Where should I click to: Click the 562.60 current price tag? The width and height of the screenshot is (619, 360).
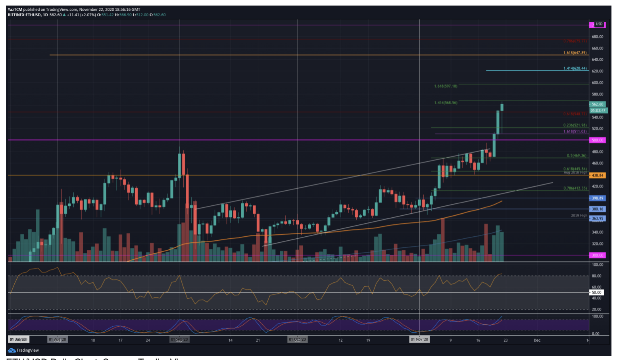[597, 104]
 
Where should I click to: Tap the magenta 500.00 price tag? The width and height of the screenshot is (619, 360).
[597, 140]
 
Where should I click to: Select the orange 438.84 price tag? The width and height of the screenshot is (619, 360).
[597, 175]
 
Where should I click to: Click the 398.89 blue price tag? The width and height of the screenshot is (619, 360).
[597, 198]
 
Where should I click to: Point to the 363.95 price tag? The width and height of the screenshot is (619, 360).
[597, 218]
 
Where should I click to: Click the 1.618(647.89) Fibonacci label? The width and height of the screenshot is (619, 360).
[575, 53]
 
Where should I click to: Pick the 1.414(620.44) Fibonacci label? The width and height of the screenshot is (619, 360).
[575, 69]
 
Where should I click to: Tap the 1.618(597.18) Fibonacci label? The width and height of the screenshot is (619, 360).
[446, 86]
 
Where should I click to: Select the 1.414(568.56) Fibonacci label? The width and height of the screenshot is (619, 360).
[446, 103]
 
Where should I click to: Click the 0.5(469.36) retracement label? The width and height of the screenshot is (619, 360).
[576, 156]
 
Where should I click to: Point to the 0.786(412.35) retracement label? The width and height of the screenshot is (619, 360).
[575, 188]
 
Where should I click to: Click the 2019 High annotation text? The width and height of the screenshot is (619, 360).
[579, 216]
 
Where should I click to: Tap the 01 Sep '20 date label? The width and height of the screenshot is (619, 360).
[179, 340]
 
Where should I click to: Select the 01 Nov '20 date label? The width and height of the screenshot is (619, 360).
[419, 340]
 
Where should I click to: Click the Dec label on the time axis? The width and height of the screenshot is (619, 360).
[537, 340]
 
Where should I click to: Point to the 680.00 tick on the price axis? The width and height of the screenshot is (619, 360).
[597, 36]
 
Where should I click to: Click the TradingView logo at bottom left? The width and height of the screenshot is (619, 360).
[23, 350]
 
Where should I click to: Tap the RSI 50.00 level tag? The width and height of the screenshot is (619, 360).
[596, 293]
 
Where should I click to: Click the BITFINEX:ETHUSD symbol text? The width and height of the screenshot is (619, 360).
[24, 15]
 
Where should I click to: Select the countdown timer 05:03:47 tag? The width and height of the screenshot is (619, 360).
[598, 111]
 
